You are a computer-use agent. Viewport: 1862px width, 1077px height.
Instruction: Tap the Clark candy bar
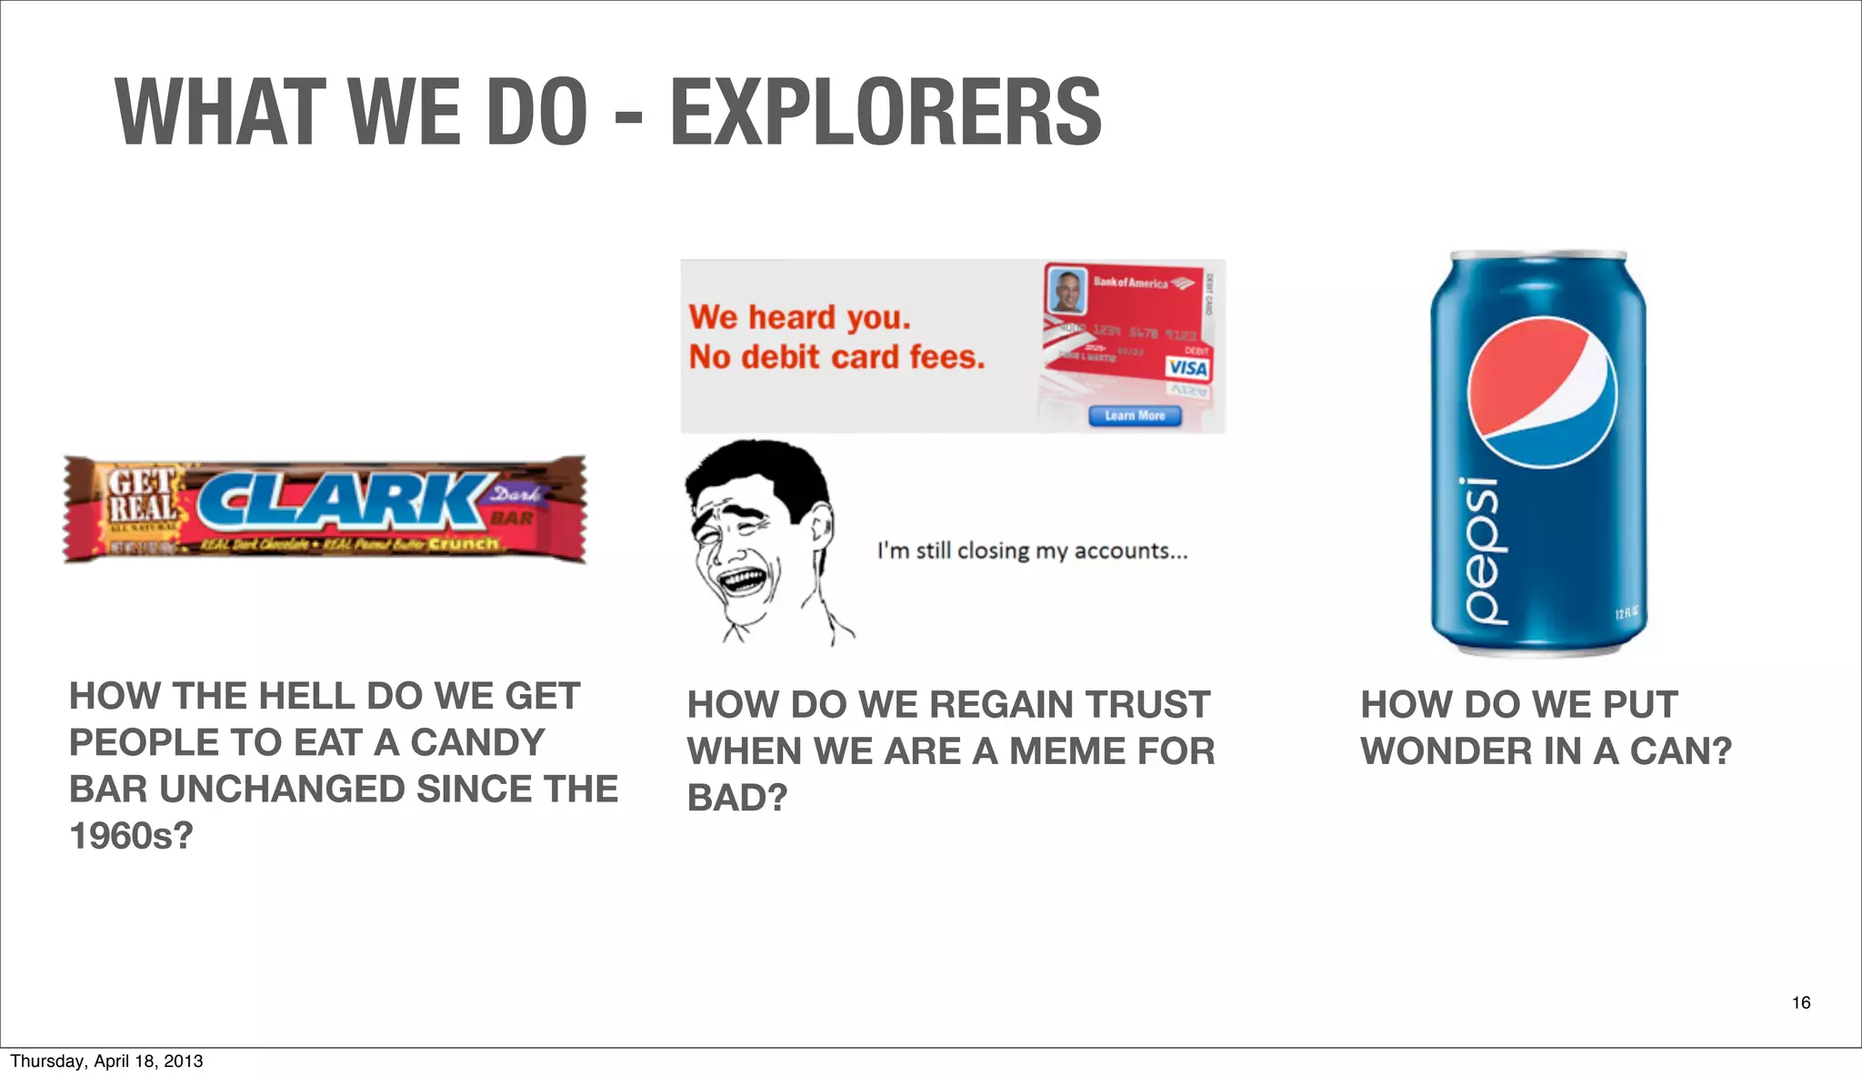[325, 509]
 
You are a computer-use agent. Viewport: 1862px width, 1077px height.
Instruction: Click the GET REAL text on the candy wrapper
[143, 496]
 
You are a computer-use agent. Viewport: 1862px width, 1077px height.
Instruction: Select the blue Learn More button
[1135, 416]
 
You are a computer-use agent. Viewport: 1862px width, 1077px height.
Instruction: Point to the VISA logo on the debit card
[1187, 367]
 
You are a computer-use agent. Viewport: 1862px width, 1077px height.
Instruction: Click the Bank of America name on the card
[1130, 283]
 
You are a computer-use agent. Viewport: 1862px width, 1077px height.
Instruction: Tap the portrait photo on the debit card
[1067, 290]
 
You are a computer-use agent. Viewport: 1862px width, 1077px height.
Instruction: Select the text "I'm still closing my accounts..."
[1032, 550]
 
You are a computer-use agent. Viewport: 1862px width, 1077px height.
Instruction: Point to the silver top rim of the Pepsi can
[1538, 256]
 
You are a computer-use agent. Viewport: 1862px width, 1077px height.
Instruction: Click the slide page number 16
[1800, 1002]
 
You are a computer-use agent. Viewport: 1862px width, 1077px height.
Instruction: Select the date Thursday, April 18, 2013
[106, 1061]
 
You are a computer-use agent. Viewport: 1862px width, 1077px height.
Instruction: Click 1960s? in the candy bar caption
[132, 836]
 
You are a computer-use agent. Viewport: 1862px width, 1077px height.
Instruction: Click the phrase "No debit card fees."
[836, 357]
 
